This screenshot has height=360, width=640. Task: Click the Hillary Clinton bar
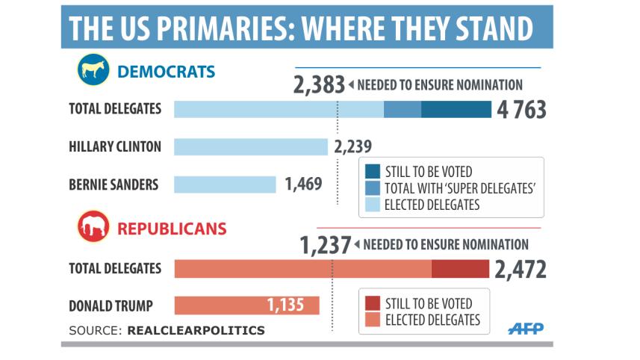tap(251, 146)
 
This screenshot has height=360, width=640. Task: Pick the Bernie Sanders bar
tap(225, 184)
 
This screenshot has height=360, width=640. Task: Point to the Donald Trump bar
tap(246, 305)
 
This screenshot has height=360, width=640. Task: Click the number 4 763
tap(520, 110)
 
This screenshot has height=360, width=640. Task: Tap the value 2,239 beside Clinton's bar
tap(353, 146)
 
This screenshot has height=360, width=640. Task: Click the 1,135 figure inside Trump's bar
tap(291, 305)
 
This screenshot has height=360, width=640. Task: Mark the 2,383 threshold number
tap(320, 85)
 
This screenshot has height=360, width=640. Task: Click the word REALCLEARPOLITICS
tap(196, 329)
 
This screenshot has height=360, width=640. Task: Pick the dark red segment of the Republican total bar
tap(460, 269)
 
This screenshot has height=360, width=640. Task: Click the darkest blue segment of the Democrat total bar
tap(456, 110)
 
